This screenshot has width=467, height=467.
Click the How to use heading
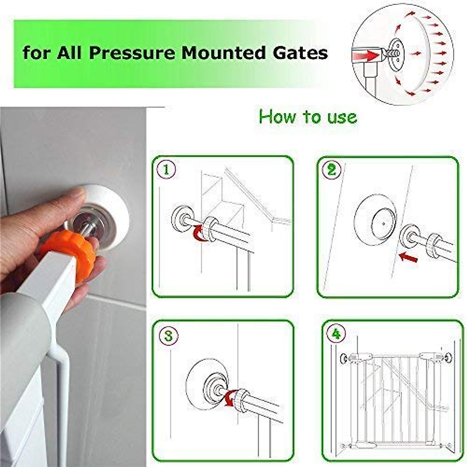coord(307,117)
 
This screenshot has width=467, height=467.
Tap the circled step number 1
coord(167,170)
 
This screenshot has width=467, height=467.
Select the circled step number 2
coord(332,170)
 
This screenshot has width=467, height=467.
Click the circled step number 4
coord(336,334)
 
